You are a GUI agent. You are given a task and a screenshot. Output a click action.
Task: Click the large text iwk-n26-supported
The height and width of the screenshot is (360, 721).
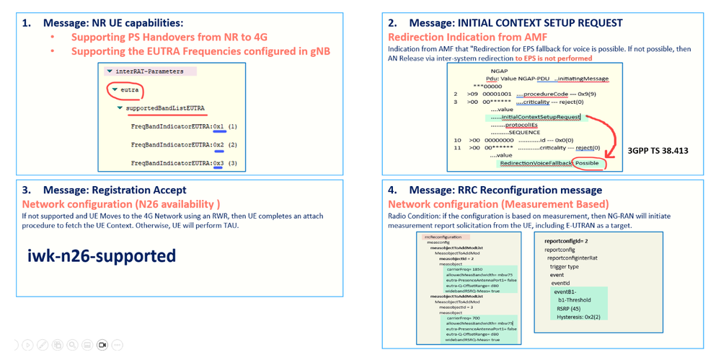pos(101,255)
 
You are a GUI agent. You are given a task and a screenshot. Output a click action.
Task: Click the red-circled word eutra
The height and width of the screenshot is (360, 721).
pos(130,90)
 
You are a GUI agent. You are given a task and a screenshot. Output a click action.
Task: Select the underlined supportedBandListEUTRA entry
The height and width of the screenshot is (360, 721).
pos(165,108)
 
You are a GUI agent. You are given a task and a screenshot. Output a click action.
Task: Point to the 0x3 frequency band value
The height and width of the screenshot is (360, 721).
pos(218,164)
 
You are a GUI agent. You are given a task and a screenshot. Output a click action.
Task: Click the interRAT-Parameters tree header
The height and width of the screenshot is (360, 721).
pos(149,71)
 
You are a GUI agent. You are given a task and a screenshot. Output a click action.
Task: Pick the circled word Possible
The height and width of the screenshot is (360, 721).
pos(587,163)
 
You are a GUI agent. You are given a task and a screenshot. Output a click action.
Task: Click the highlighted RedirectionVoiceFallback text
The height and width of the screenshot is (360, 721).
pos(536,163)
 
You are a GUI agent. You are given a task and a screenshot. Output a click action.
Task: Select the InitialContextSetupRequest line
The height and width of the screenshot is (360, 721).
pos(540,117)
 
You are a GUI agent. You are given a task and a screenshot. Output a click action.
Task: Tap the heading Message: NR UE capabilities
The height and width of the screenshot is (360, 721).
pos(112,23)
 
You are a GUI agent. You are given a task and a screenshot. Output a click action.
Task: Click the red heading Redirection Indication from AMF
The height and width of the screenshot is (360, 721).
pos(467,37)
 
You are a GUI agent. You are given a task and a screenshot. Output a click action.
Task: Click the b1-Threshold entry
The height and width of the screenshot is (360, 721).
pos(574,300)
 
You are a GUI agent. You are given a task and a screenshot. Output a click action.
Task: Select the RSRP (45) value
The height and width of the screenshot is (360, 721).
pos(569,309)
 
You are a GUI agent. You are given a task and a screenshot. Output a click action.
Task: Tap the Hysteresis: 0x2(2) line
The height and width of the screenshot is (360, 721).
pos(578,317)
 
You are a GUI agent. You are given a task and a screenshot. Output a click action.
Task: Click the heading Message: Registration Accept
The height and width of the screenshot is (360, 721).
pos(115,190)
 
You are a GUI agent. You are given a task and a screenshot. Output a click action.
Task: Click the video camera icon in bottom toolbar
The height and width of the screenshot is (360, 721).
pos(102,346)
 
